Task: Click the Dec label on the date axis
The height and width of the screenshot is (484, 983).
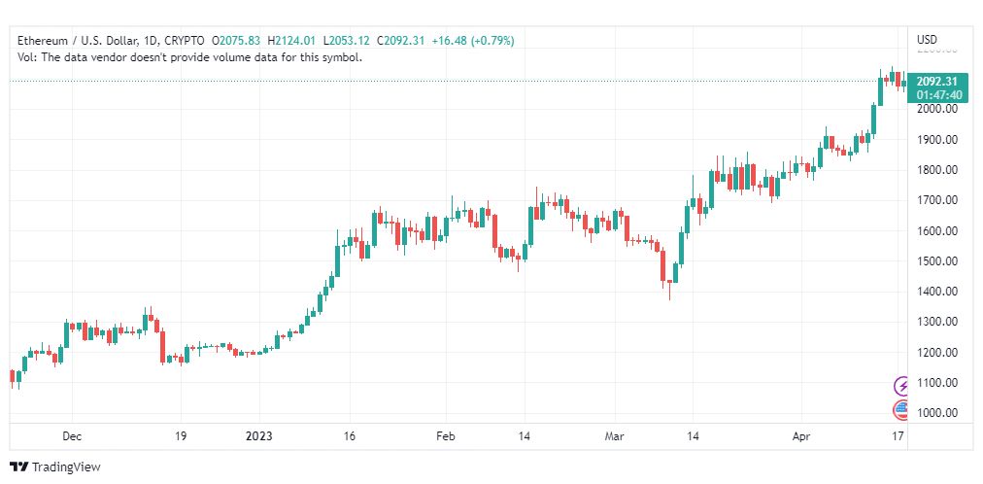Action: point(72,436)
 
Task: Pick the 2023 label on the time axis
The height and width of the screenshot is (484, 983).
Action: point(259,436)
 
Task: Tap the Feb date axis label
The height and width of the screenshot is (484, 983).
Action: point(446,436)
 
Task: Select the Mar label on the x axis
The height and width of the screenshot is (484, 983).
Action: point(614,436)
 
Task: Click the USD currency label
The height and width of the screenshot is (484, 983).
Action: point(928,40)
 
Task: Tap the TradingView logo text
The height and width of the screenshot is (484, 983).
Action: point(66,467)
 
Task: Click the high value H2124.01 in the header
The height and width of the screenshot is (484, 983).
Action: point(293,41)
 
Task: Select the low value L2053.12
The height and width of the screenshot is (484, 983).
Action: point(348,41)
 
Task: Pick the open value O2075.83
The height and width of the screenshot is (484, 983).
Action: point(236,41)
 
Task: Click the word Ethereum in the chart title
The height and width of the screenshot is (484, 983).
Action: point(42,41)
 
